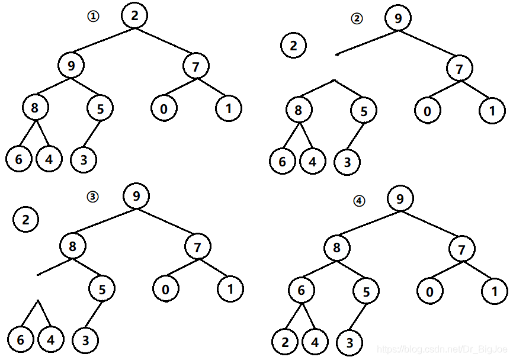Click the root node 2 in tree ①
point(135,15)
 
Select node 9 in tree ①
point(71,65)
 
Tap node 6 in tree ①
point(19,160)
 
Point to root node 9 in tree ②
point(398,18)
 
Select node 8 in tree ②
point(298,110)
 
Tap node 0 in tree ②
point(427,111)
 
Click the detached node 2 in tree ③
point(25,220)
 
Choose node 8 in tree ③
point(73,246)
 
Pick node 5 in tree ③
point(102,290)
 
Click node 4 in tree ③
point(50,340)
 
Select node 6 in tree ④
point(302,290)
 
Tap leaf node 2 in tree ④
point(284,342)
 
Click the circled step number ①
point(92,17)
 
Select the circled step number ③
point(92,197)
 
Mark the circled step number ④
point(358,201)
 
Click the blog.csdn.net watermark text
point(444,351)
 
